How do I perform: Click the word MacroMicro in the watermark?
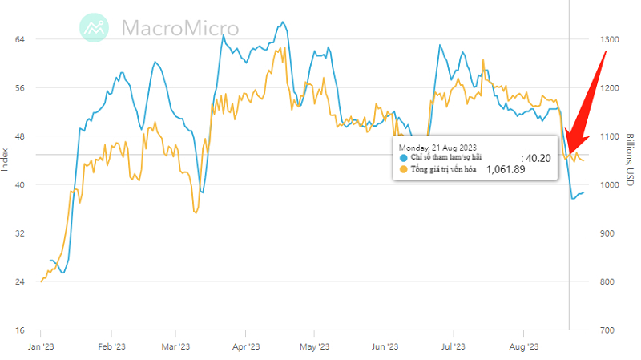[180, 27]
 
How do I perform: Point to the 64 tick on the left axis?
[21, 39]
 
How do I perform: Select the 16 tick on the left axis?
[21, 330]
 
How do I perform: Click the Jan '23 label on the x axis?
[40, 347]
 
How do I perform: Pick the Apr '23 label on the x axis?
[246, 347]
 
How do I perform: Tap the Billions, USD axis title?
[631, 160]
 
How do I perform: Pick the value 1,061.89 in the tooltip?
[506, 169]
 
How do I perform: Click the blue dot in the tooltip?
[403, 158]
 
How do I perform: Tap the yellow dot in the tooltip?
[403, 169]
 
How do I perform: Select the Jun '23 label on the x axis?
[385, 347]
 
